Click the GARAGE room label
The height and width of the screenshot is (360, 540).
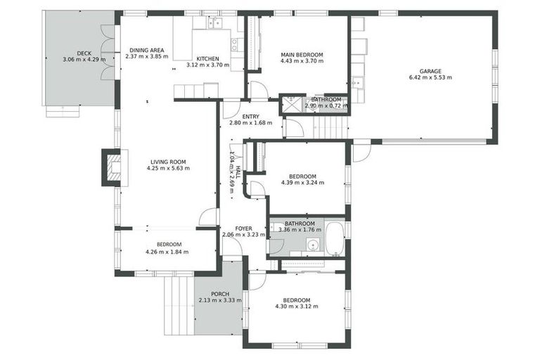[430, 71]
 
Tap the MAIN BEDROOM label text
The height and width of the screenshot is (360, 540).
[302, 54]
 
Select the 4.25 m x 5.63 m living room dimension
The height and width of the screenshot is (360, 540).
[168, 169]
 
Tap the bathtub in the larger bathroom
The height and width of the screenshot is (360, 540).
[334, 239]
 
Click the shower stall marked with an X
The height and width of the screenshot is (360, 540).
[290, 105]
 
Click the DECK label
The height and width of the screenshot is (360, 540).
[84, 53]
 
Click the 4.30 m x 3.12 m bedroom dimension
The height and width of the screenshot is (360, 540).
[296, 307]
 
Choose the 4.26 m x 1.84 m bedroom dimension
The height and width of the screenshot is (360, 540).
[167, 252]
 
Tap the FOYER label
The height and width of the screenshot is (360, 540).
[232, 229]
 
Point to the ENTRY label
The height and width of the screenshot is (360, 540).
[250, 117]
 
